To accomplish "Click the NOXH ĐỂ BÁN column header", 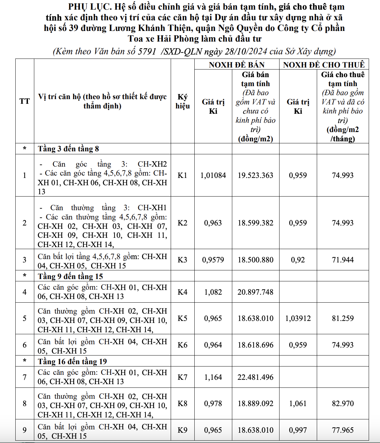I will [x=237, y=65].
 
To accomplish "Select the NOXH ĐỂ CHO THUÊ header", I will [x=324, y=65].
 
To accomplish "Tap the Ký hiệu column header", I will [x=182, y=101].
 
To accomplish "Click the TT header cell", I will [x=25, y=101].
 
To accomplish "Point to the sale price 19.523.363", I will [x=255, y=175].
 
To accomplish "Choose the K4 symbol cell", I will [x=182, y=292].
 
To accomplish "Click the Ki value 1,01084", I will [x=213, y=175].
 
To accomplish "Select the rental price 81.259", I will [x=343, y=318].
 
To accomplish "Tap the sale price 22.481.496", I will [x=255, y=377].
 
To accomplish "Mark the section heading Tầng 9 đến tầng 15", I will [x=70, y=276].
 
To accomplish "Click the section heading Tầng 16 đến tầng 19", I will [x=72, y=362].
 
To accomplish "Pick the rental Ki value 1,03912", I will [x=298, y=318].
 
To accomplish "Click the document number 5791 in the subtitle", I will [x=147, y=51].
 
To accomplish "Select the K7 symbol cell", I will [x=182, y=377].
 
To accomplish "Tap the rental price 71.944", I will [x=343, y=260].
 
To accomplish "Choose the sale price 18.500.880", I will [x=255, y=260].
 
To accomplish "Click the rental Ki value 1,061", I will [x=298, y=403].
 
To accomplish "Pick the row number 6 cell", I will [x=25, y=345].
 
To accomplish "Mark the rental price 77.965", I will [x=343, y=430].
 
